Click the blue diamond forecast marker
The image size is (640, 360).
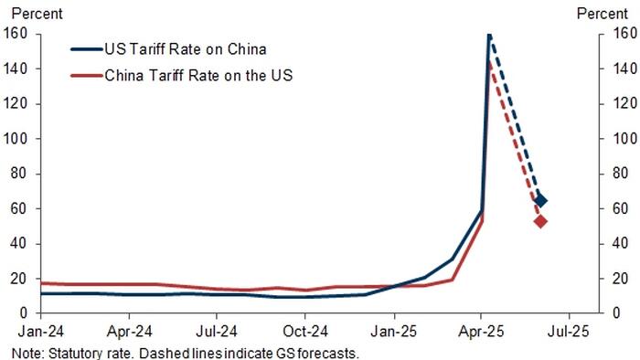(x=540, y=200)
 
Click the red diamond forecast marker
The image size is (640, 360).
(x=540, y=221)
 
